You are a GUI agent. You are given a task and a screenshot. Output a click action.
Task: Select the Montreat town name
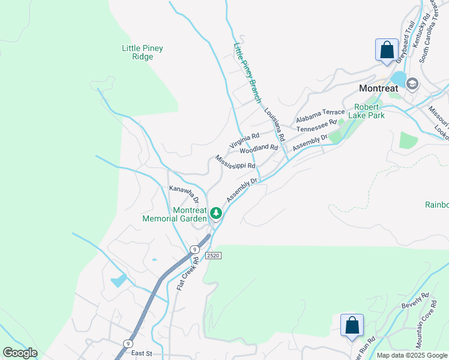(378, 88)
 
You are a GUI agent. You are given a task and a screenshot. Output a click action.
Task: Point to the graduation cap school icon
(412, 83)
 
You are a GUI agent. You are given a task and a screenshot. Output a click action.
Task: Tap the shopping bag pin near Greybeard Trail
(387, 49)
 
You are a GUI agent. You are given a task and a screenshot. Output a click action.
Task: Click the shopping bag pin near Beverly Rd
(352, 326)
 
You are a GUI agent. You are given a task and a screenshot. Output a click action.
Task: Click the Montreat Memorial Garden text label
(174, 214)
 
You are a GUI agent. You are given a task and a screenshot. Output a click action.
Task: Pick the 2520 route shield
(213, 256)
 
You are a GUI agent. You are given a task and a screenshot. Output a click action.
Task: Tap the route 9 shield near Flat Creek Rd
(194, 249)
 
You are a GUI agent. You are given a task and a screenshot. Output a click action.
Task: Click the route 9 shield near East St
(127, 343)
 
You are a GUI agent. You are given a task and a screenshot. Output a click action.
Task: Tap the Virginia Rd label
(244, 141)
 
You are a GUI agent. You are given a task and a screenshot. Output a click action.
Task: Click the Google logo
(20, 353)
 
